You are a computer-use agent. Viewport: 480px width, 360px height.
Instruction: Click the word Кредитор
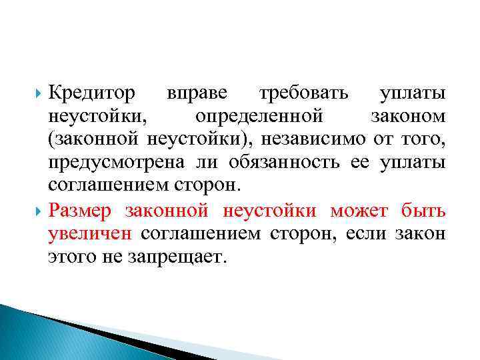pos(92,93)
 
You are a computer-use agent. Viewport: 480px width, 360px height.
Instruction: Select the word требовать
pos(304,93)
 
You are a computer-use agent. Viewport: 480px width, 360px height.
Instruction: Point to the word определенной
pos(259,117)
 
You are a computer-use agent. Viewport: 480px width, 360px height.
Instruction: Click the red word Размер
pos(83,211)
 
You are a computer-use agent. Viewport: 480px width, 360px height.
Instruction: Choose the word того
pos(425,141)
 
